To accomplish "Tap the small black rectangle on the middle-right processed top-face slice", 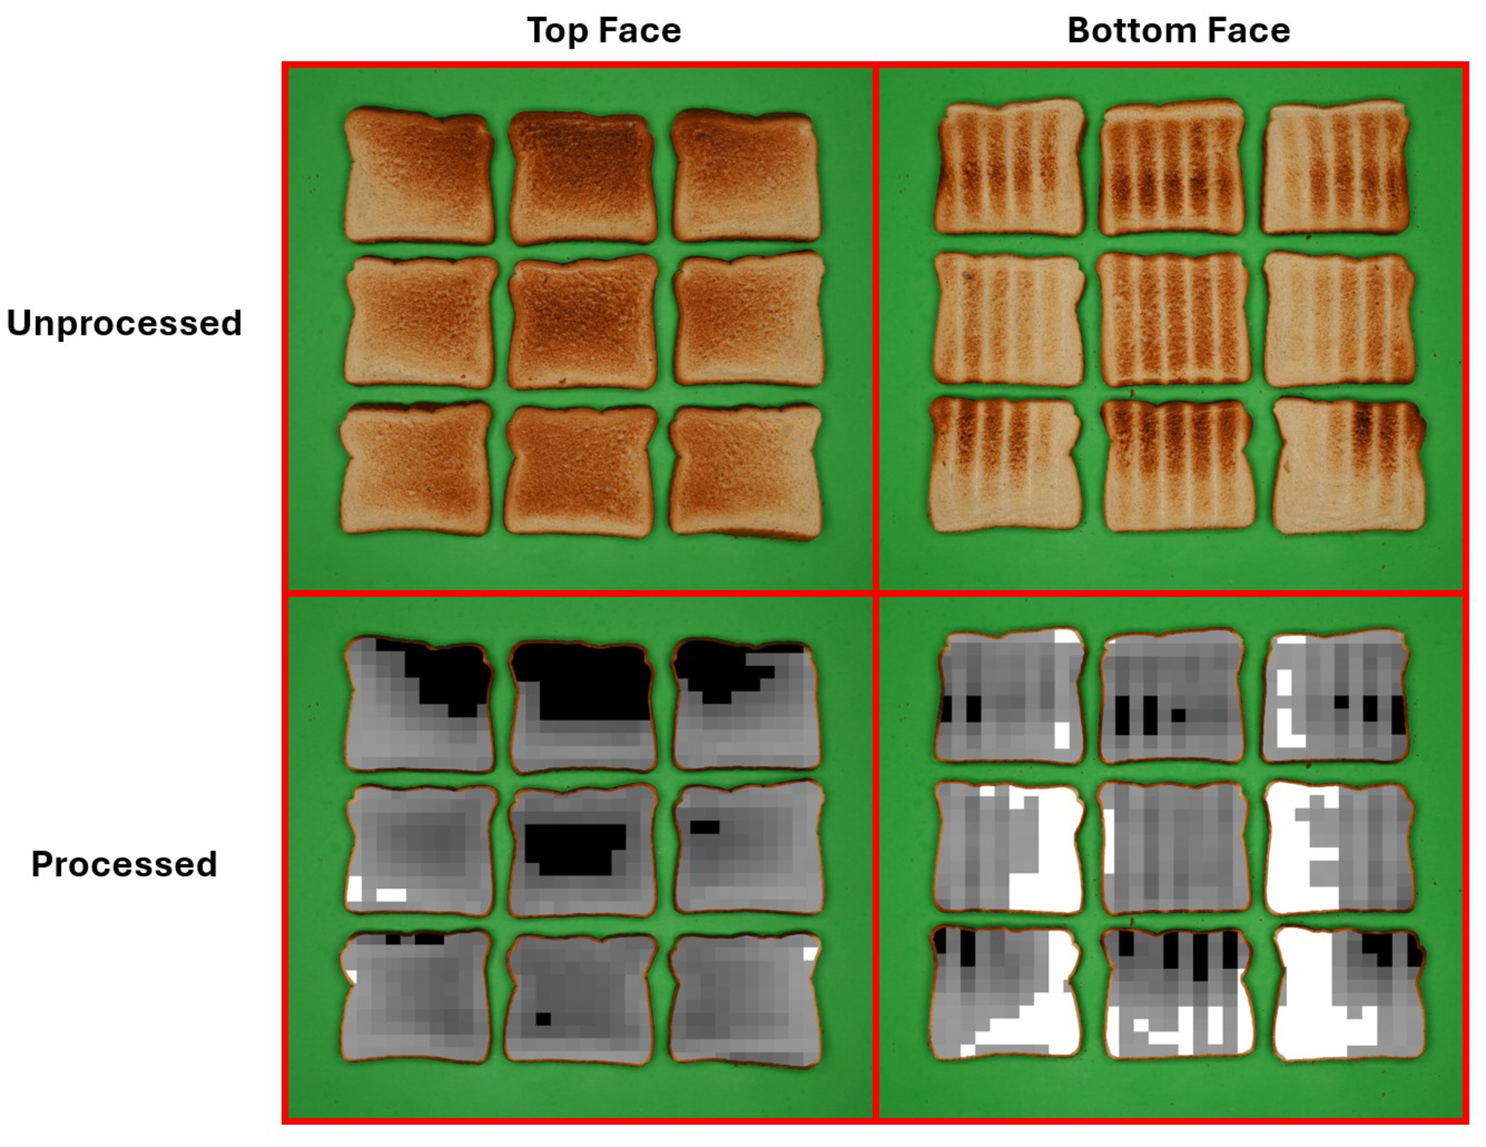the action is [704, 827].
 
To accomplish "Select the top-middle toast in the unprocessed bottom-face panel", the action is [1172, 168].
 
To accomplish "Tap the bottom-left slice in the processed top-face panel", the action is [416, 997].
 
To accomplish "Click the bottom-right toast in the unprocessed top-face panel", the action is [746, 472].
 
